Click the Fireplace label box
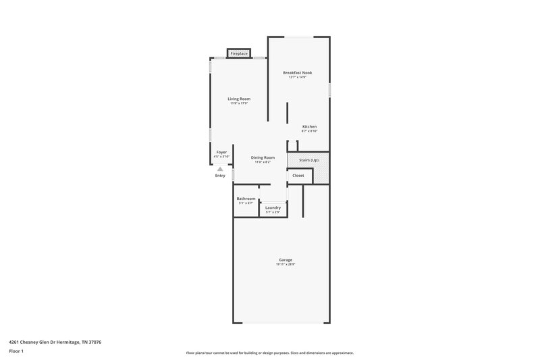tap(239, 53)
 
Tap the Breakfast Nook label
tap(297, 72)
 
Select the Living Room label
tap(239, 99)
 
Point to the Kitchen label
tap(309, 126)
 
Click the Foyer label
tap(221, 152)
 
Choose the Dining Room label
tap(263, 157)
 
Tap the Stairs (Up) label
tap(309, 160)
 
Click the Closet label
tap(298, 176)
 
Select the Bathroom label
tap(246, 198)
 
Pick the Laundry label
tap(273, 207)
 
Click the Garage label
tap(286, 259)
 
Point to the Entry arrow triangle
tap(220, 169)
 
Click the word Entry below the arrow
tap(220, 176)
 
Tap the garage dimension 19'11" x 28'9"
tap(286, 264)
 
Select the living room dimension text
tap(239, 103)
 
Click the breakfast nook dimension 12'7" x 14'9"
tap(297, 77)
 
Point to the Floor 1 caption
tap(16, 352)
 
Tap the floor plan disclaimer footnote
tap(269, 353)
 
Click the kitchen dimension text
tap(309, 131)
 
